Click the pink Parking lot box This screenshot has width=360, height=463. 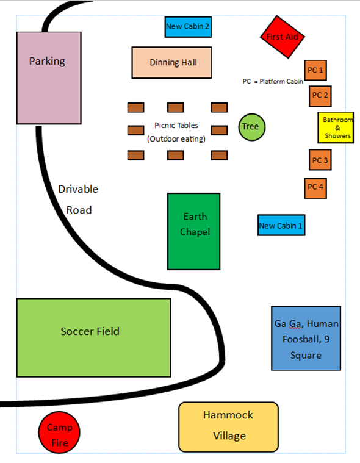coord(49,78)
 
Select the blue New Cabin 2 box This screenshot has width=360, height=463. coord(188,27)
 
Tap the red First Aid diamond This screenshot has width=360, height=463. coord(283,37)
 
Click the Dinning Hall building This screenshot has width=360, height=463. coord(172,62)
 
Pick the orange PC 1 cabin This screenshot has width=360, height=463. coord(315,70)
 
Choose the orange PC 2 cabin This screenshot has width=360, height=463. coord(320,95)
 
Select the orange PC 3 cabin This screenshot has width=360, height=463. coord(320,160)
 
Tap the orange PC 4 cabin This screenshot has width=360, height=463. coord(315,187)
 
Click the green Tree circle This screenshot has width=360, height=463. coord(251,127)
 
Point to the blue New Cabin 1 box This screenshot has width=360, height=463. coord(281,226)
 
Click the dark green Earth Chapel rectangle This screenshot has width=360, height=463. coord(194,231)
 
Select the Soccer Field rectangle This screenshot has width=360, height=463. coord(93,337)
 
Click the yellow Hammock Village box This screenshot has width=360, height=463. coord(228,426)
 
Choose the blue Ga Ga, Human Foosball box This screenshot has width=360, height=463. coord(306,339)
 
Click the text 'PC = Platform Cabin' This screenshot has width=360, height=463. coord(272,81)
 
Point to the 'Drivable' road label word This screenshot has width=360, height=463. coord(78,189)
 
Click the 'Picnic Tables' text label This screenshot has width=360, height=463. coord(176,126)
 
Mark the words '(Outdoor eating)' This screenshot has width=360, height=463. coord(176,138)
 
